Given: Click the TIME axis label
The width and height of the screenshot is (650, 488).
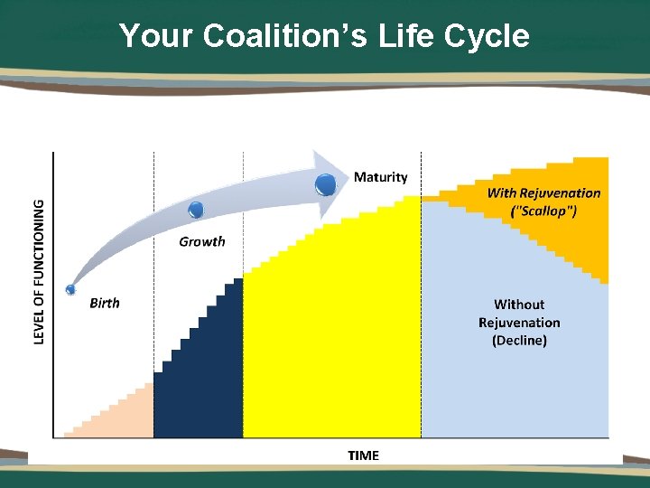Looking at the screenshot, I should click(363, 455).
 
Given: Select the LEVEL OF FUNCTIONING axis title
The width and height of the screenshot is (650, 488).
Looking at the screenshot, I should click(39, 271).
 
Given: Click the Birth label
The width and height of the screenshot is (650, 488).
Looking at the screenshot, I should click(105, 303).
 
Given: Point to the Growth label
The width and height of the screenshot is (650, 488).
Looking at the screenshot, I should click(202, 241).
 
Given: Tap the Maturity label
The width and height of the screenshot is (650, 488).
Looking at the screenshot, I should click(380, 177).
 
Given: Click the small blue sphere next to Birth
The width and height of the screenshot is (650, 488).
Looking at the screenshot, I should click(70, 289).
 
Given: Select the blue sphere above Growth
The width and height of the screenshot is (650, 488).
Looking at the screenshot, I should click(196, 211).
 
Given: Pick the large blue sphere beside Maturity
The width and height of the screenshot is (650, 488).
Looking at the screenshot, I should click(326, 185).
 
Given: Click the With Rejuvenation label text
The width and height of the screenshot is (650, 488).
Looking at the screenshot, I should click(543, 192).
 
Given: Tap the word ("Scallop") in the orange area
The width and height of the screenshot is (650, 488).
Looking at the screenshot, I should click(543, 211).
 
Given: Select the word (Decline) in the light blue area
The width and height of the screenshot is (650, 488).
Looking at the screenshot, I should click(519, 341).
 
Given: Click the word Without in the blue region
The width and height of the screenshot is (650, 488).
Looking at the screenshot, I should click(519, 305).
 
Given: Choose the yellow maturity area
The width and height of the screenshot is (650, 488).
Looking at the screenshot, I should click(334, 343).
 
